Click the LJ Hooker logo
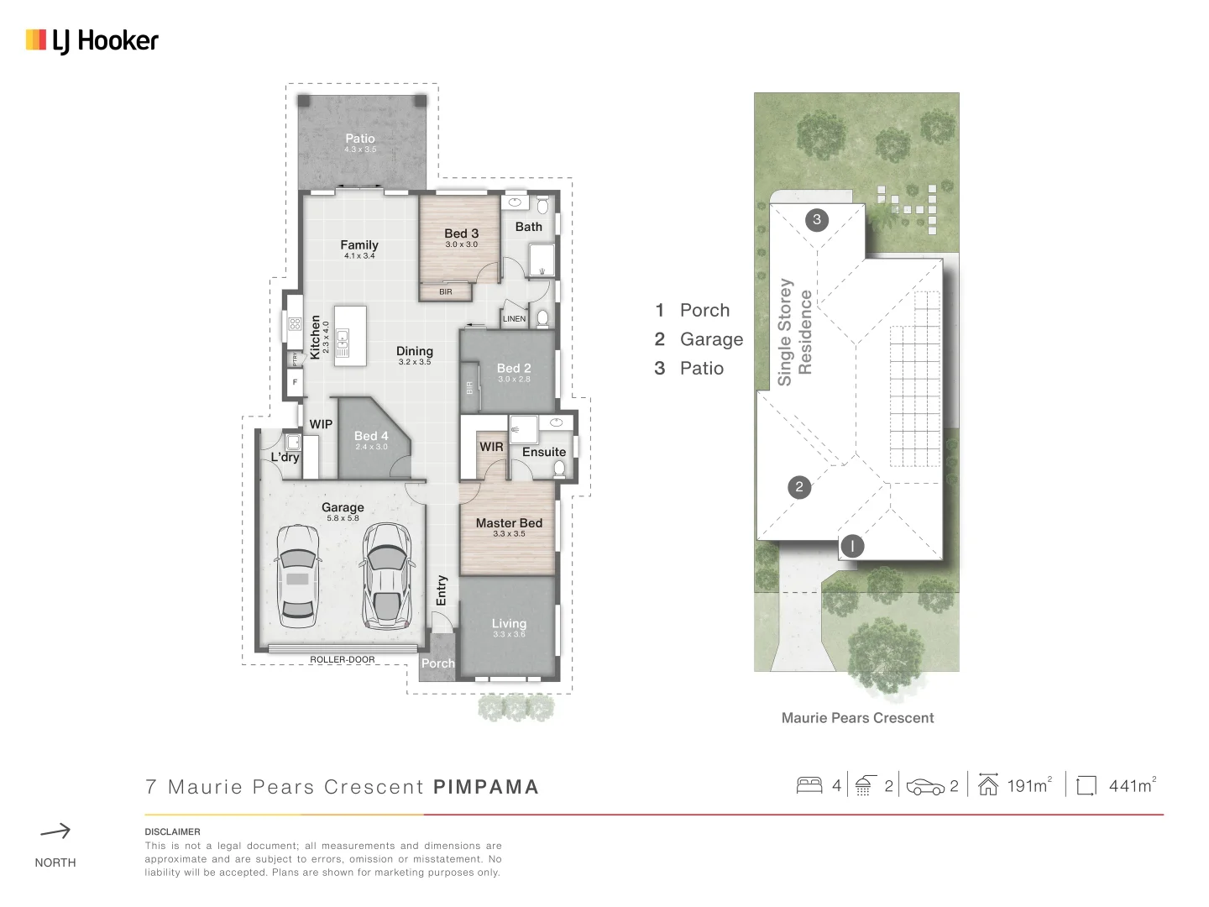[92, 40]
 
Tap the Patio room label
[360, 139]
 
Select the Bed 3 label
[461, 233]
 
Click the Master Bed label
[509, 523]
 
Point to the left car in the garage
[297, 576]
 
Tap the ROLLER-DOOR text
[343, 659]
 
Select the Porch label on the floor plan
[437, 663]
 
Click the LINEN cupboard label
[514, 319]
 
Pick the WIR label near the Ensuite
[491, 447]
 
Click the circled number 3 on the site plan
[817, 220]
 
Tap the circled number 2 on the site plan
[799, 487]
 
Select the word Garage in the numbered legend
[711, 339]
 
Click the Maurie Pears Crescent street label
[857, 718]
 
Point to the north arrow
[55, 831]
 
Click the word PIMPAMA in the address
[485, 787]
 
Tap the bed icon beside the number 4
[809, 785]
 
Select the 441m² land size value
[1131, 786]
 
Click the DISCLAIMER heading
[172, 831]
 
